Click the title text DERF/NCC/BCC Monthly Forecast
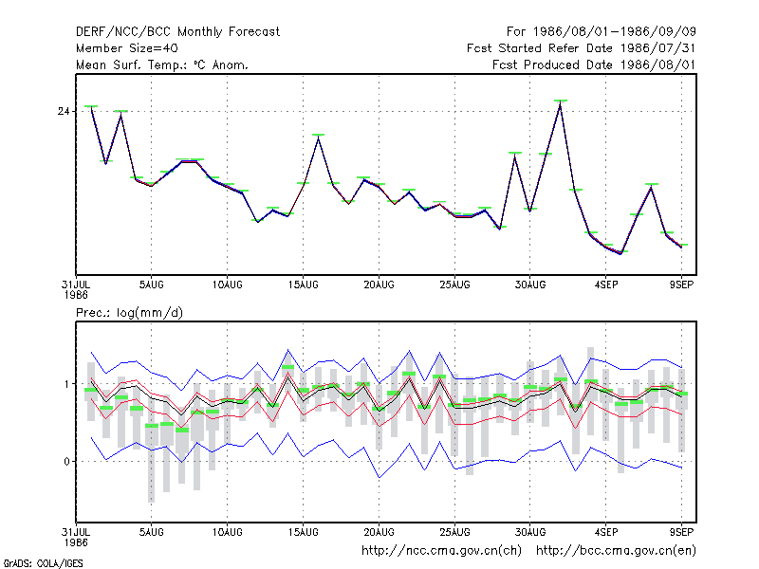pyautogui.click(x=177, y=32)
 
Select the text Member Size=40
pyautogui.click(x=127, y=48)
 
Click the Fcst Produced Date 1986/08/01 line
pyautogui.click(x=594, y=64)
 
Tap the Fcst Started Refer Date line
pyautogui.click(x=582, y=48)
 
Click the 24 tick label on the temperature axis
pyautogui.click(x=64, y=112)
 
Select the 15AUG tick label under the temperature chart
pyautogui.click(x=304, y=285)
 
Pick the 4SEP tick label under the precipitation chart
pyautogui.click(x=606, y=532)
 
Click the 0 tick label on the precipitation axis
pyautogui.click(x=66, y=462)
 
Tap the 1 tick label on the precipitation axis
pyautogui.click(x=66, y=384)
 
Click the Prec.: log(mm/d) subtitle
pyautogui.click(x=129, y=313)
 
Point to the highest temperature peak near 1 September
pyautogui.click(x=560, y=104)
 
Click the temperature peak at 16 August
pyautogui.click(x=318, y=138)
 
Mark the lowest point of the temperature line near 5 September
pyautogui.click(x=620, y=253)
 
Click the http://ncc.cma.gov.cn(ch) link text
pyautogui.click(x=441, y=551)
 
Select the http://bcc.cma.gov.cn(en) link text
pyautogui.click(x=616, y=551)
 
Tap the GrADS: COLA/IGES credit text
pyautogui.click(x=43, y=563)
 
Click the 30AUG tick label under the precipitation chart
pyautogui.click(x=530, y=532)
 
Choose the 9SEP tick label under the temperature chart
pyautogui.click(x=681, y=285)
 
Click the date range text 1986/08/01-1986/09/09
pyautogui.click(x=615, y=32)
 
